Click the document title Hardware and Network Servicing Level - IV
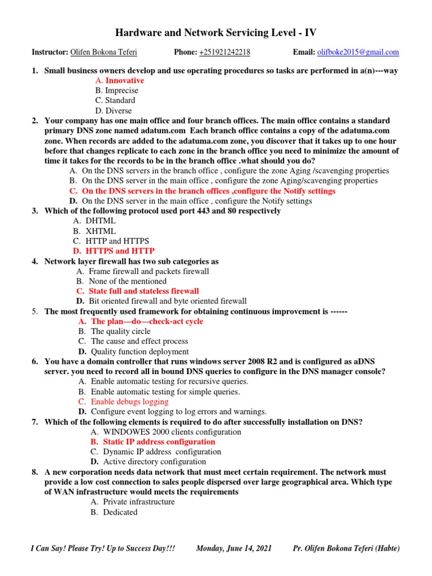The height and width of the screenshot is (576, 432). click(216, 33)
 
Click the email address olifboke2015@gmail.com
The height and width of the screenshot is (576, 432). click(358, 52)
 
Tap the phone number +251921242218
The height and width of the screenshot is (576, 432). click(224, 52)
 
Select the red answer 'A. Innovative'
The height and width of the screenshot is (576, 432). click(119, 80)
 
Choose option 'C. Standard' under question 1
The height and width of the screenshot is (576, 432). click(115, 101)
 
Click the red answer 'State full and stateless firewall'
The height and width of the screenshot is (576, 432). click(143, 291)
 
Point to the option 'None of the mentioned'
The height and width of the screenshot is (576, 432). click(128, 281)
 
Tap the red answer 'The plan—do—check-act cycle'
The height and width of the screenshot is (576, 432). click(147, 321)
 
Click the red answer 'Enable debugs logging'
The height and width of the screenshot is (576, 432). click(129, 402)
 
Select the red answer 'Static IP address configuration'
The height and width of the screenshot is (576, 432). click(159, 442)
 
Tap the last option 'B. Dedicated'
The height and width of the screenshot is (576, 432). click(114, 512)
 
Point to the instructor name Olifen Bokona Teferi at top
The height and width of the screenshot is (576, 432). click(103, 52)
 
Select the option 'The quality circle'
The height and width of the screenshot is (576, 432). click(120, 331)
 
